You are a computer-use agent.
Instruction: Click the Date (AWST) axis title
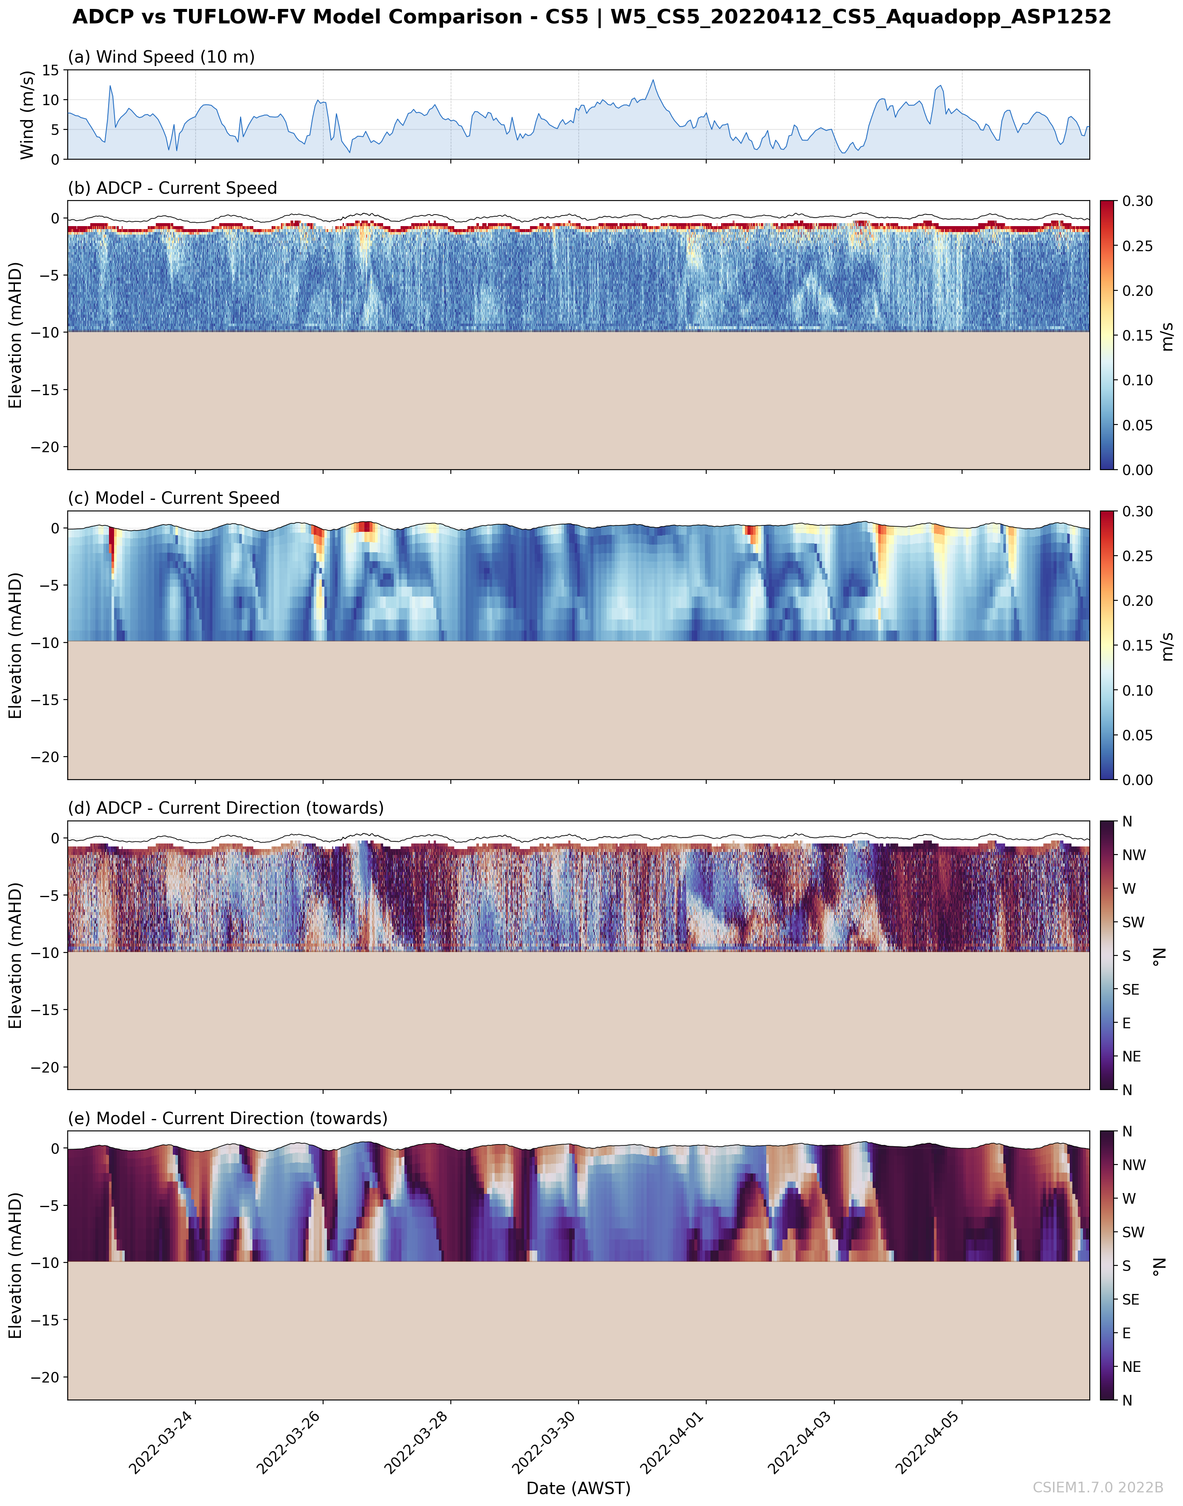coord(579,1488)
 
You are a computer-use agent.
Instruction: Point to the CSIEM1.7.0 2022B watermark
coord(1098,1487)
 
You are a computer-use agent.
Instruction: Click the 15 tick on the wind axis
coord(51,70)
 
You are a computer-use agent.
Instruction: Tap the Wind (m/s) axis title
coord(27,114)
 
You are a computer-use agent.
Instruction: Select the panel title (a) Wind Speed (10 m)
coord(160,57)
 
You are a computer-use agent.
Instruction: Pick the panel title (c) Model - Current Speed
coord(173,498)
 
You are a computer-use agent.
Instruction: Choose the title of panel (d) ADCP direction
coord(225,808)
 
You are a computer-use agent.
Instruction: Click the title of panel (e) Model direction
coord(227,1118)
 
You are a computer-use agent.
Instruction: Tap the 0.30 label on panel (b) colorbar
coord(1137,201)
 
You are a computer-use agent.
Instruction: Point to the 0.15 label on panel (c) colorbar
coord(1137,645)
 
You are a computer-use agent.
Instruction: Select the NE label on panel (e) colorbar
coord(1131,1367)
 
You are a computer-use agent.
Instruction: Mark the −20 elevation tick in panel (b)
coord(45,447)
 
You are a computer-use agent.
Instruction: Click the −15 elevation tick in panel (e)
coord(45,1320)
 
